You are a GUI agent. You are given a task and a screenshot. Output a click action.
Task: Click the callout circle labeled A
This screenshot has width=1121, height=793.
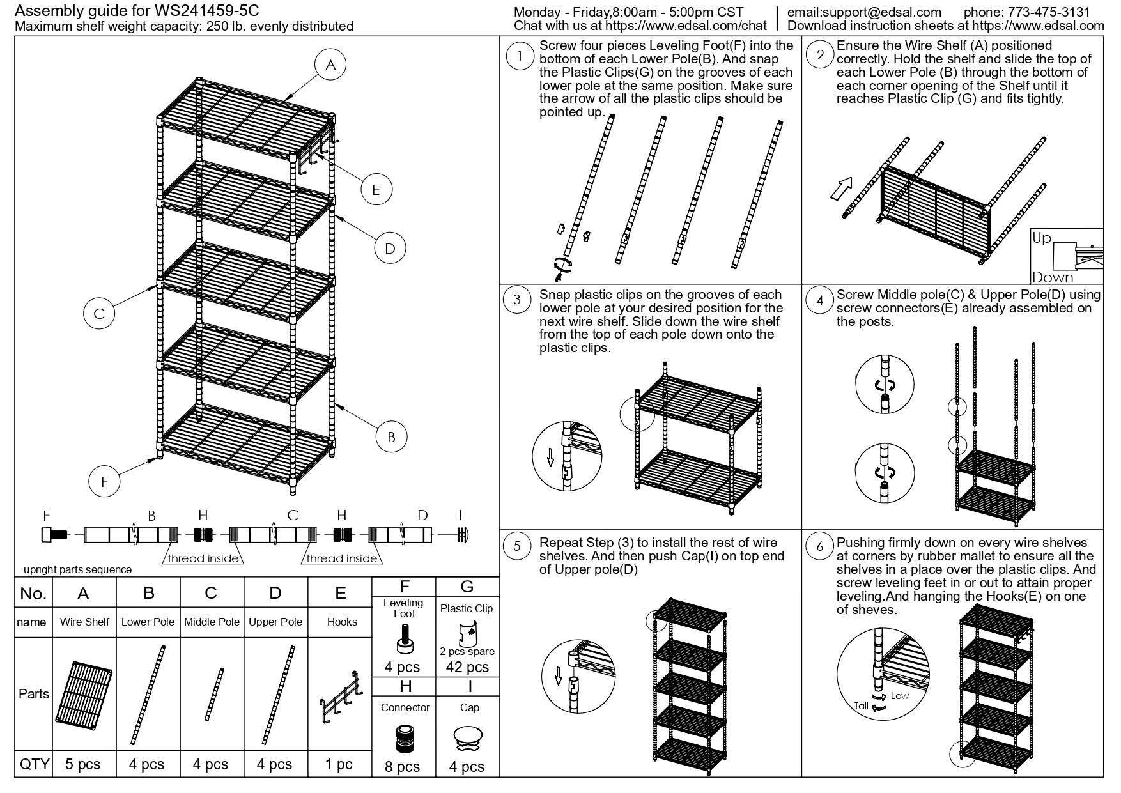coord(330,65)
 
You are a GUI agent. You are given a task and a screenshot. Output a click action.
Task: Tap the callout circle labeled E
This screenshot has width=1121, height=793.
coord(376,189)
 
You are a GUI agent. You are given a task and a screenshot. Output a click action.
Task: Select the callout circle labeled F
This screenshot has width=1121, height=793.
coord(105,481)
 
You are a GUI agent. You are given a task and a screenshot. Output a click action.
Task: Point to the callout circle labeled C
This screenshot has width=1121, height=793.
coord(99,314)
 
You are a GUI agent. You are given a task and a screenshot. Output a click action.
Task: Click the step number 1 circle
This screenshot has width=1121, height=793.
coord(520,56)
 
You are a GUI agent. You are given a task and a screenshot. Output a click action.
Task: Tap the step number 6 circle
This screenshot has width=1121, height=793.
coord(820,546)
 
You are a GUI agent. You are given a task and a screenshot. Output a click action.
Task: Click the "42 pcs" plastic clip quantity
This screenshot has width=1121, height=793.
coord(467,667)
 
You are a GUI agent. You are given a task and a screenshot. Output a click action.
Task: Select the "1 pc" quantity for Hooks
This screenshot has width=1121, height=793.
coord(339,764)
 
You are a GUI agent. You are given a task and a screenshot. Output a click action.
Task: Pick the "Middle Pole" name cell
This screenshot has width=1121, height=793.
coord(212,622)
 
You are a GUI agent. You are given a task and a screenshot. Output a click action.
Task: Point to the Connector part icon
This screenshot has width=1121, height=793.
coord(404,739)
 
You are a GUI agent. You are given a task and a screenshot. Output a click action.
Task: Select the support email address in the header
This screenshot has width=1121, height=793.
coord(864,12)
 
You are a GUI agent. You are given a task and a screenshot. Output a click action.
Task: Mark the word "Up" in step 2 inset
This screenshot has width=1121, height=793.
coord(1042,238)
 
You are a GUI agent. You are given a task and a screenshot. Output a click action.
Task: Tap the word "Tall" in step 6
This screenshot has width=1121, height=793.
coord(862,706)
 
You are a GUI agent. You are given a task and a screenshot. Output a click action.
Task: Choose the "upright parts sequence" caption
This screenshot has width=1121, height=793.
coord(77,569)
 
